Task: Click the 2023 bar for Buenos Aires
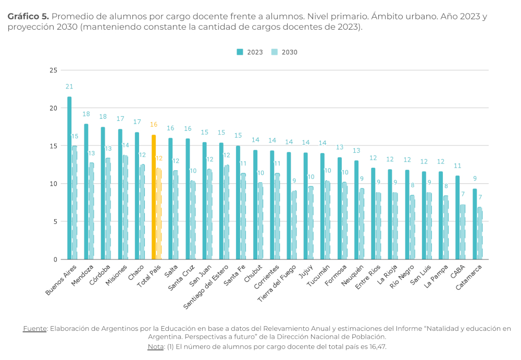pyautogui.click(x=69, y=178)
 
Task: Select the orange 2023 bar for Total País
pyautogui.click(x=154, y=197)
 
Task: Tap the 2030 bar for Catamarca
pyautogui.click(x=479, y=233)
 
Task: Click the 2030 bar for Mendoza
pyautogui.click(x=91, y=211)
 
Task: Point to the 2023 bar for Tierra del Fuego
pyautogui.click(x=289, y=206)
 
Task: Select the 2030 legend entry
pyautogui.click(x=284, y=52)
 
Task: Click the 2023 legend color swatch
pyautogui.click(x=240, y=52)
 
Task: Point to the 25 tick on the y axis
pyautogui.click(x=53, y=70)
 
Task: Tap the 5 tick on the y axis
pyautogui.click(x=55, y=221)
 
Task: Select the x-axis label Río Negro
pyautogui.click(x=402, y=277)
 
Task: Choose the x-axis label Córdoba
pyautogui.click(x=100, y=275)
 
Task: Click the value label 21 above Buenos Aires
pyautogui.click(x=69, y=86)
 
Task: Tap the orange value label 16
pyautogui.click(x=154, y=125)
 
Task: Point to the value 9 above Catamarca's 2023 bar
pyautogui.click(x=475, y=179)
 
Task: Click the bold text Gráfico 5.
pyautogui.click(x=28, y=16)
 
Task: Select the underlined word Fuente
pyautogui.click(x=34, y=328)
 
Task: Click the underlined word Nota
pyautogui.click(x=155, y=346)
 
